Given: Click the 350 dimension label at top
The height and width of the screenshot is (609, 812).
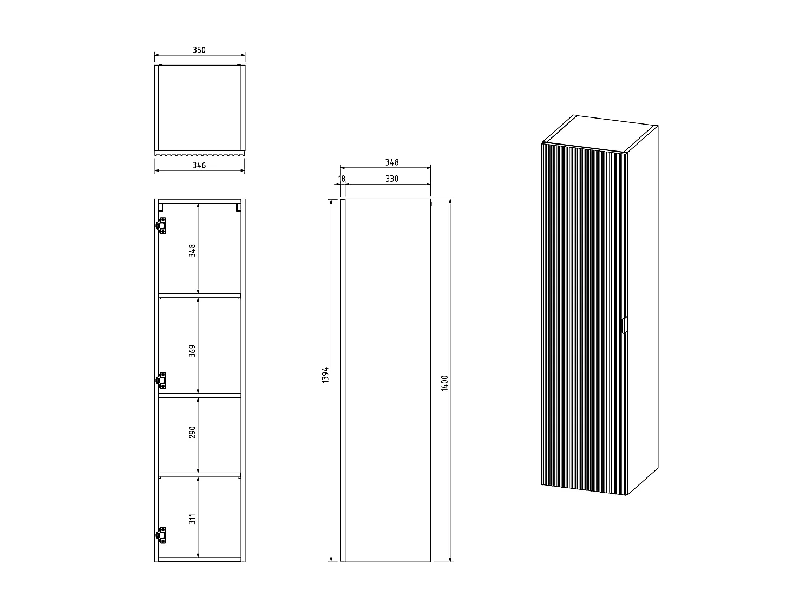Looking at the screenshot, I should coord(199,50).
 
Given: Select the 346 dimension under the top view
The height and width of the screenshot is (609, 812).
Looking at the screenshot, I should coord(199,165).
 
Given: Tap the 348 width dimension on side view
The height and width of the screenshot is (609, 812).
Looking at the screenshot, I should coord(392,162).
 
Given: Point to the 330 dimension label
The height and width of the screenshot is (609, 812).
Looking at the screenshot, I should coord(392,179).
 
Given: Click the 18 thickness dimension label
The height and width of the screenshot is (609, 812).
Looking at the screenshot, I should coord(342,179).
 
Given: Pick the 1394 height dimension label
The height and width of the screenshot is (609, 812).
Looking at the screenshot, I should coord(325,375).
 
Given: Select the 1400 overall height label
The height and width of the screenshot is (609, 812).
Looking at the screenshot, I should coord(445,383).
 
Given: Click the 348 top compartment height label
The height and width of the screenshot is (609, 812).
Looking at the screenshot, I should coord(192,250).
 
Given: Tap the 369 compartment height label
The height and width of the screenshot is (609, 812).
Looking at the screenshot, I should coord(192,351).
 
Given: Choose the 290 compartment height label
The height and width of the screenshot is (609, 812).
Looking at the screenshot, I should coord(192,432).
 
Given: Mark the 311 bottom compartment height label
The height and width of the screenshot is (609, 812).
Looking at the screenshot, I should coord(192,519).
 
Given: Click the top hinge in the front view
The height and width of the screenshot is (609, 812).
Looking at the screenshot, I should coord(161,225).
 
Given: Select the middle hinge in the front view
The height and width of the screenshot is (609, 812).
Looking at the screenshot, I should coord(161,381).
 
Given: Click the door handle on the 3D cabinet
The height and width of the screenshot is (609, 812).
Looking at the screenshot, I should coord(624,325).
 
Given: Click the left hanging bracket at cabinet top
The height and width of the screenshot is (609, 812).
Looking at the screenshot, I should coord(161,206).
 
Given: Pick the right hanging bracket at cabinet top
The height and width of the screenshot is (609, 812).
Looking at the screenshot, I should coord(238,206).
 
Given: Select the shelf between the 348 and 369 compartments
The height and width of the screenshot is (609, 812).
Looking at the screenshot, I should coord(199,296).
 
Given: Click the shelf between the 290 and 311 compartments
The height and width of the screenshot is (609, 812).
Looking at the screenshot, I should coord(199,475).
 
